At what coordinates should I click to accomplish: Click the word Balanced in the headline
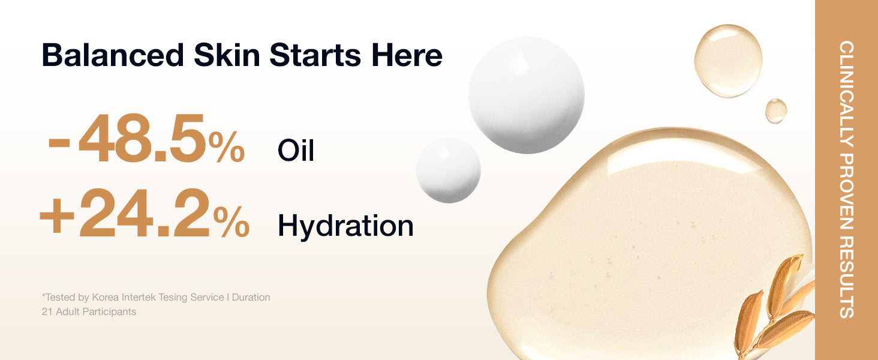113,55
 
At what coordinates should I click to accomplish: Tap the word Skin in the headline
227,55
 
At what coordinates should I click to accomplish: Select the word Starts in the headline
315,56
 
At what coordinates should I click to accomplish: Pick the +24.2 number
125,213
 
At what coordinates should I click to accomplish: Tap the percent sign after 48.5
227,146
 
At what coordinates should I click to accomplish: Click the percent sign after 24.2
231,222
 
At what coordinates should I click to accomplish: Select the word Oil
296,150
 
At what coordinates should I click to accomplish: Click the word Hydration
345,226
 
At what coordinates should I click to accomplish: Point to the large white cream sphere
527,95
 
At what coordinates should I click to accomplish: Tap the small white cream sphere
449,170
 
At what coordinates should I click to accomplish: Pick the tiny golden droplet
776,111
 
